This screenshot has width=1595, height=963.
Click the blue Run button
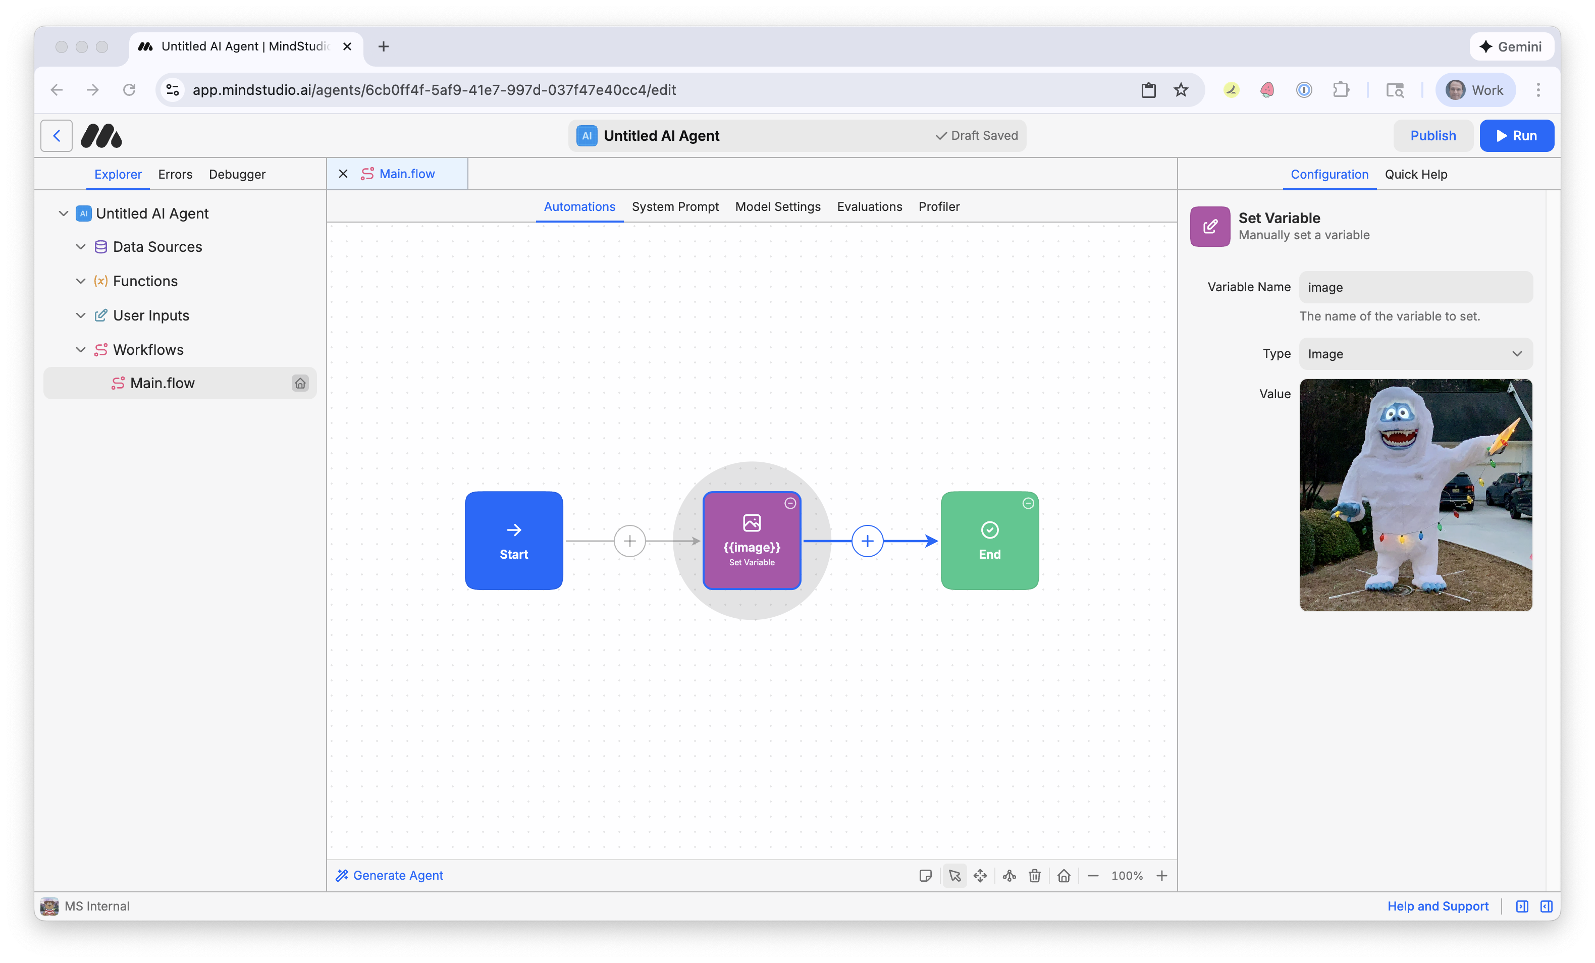(x=1516, y=136)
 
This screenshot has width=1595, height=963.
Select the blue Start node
(x=513, y=541)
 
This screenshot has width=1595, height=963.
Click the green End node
(x=989, y=541)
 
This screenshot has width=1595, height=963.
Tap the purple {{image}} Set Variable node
(x=752, y=541)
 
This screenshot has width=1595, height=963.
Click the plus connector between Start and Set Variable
(x=629, y=541)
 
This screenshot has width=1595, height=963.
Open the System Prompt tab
(x=675, y=206)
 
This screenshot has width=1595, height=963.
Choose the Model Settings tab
(x=777, y=206)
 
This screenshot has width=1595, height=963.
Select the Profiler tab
(x=939, y=206)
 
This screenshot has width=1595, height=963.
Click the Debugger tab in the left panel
(x=237, y=174)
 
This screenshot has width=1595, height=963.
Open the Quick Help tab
(x=1416, y=174)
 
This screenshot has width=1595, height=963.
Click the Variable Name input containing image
(x=1415, y=287)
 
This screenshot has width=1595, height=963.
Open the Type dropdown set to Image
(x=1415, y=354)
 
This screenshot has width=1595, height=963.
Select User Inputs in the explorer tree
(x=151, y=315)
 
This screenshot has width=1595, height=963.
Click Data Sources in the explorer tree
(x=157, y=247)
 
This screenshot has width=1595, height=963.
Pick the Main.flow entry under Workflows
(x=162, y=383)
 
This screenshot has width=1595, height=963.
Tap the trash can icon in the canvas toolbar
(x=1034, y=876)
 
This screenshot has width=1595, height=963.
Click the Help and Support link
(x=1437, y=906)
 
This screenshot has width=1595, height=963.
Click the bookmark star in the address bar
(x=1181, y=90)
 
